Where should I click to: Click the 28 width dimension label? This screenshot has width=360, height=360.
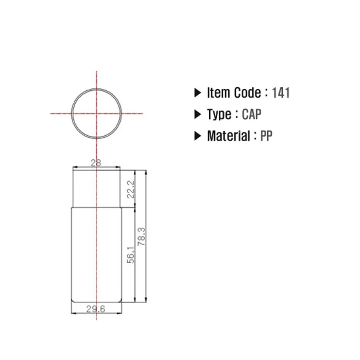(96, 163)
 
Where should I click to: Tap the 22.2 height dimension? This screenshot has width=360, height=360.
(130, 190)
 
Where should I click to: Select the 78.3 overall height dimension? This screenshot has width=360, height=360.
(142, 236)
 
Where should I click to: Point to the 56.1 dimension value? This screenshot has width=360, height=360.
(130, 255)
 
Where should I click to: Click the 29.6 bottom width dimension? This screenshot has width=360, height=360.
(96, 309)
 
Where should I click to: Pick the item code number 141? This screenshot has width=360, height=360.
(281, 93)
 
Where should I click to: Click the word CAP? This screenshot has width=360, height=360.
(252, 114)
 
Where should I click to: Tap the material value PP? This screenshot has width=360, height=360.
(266, 136)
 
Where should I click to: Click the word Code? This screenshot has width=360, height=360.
(247, 93)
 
